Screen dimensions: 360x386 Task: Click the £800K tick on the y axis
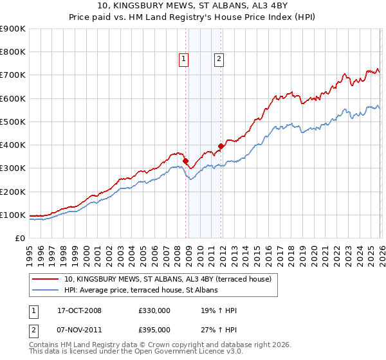[13, 52]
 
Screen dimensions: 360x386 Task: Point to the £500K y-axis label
[13, 122]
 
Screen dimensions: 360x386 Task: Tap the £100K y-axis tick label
[13, 215]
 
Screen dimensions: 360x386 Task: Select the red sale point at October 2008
[186, 161]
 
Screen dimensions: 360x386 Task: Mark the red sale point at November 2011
[221, 146]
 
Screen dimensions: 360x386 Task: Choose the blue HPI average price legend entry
[141, 290]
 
